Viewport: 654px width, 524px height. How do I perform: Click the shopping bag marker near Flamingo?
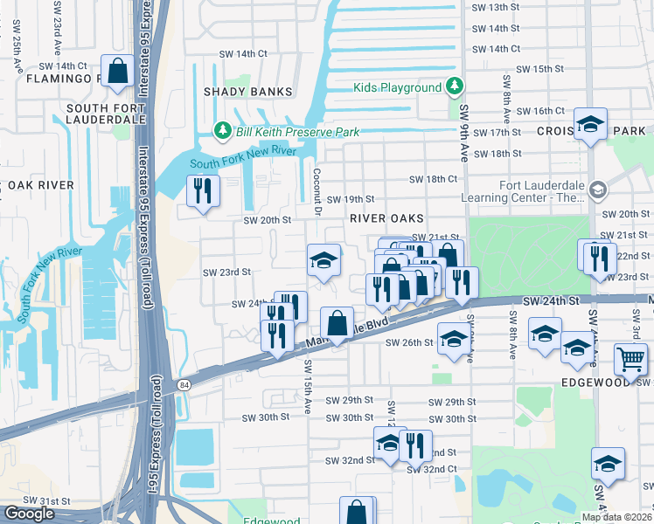tap(116, 70)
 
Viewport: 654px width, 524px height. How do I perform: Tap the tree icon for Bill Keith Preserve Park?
tap(223, 131)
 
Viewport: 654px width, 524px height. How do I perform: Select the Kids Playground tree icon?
tap(454, 87)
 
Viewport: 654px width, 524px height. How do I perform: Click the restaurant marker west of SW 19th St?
tap(203, 190)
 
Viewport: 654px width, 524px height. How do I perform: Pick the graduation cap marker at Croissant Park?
tap(590, 123)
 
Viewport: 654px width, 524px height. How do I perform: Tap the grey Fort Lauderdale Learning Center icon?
tap(598, 190)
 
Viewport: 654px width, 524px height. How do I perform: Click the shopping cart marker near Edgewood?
tap(630, 358)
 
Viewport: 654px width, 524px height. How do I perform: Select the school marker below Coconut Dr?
tap(323, 260)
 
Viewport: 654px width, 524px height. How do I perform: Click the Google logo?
tap(29, 514)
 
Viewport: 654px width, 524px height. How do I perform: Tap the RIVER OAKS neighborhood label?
tap(387, 217)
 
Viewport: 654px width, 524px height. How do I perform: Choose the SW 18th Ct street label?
tap(435, 179)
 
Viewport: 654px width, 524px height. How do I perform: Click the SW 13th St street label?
tap(495, 7)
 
